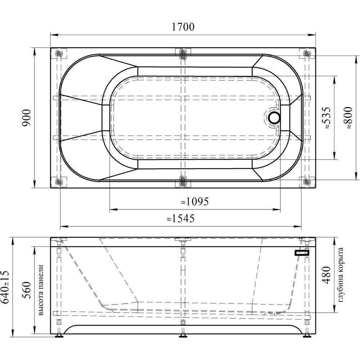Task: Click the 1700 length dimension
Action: [x=183, y=27]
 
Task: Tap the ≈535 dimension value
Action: [x=327, y=118]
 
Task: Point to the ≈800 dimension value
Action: [x=348, y=118]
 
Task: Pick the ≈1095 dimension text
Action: [x=195, y=202]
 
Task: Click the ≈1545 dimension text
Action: [x=180, y=219]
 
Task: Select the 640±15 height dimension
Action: [x=5, y=287]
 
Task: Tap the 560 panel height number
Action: [x=27, y=290]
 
